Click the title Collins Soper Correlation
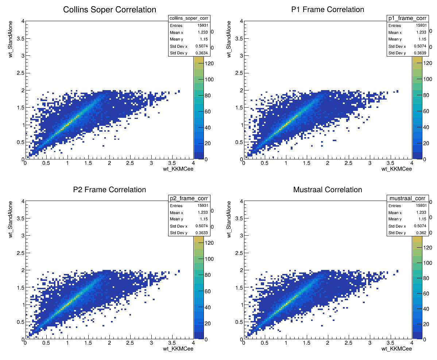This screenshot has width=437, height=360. click(109, 10)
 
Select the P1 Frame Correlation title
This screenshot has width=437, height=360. click(328, 10)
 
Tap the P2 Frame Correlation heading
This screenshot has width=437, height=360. click(109, 190)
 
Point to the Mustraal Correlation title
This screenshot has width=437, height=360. click(328, 190)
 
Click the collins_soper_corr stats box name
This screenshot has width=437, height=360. click(189, 19)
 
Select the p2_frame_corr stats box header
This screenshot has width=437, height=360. click(189, 198)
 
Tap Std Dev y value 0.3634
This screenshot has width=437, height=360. click(202, 53)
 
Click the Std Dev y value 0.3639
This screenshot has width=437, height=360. click(421, 53)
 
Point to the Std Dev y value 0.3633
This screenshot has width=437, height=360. click(202, 233)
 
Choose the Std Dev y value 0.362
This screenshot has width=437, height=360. click(422, 233)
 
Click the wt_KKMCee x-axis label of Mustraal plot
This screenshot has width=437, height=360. click(397, 349)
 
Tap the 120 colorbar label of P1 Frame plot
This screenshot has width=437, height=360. click(428, 63)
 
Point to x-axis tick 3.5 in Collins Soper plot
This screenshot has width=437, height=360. click(172, 163)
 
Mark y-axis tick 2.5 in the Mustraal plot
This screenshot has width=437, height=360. click(237, 253)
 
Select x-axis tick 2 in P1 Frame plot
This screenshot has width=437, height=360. click(328, 163)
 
